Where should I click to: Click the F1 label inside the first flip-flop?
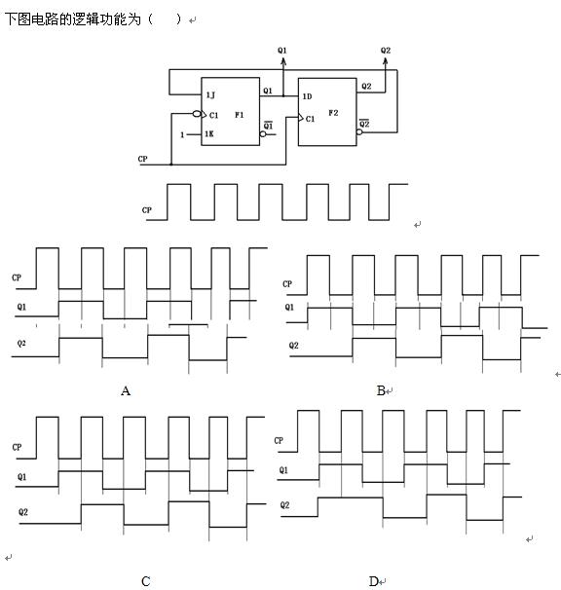tap(239, 115)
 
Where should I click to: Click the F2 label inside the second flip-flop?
tap(333, 113)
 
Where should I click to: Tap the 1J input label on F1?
tap(210, 95)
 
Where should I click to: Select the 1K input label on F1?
tap(209, 134)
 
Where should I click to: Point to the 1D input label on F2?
tap(307, 96)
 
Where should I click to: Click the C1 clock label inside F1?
tap(213, 115)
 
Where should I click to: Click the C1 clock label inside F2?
tap(310, 119)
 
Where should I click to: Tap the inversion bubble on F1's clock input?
tap(196, 114)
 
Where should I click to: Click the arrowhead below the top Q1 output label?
tap(283, 61)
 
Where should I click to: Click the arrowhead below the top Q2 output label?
tap(385, 61)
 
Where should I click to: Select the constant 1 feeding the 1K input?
tap(182, 134)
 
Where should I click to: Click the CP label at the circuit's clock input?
tap(143, 159)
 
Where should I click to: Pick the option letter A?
tap(126, 391)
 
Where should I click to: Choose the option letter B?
tap(381, 391)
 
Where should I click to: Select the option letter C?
tap(146, 581)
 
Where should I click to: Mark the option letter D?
tap(373, 581)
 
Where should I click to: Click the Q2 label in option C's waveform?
tap(23, 512)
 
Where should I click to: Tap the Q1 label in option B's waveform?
tap(289, 307)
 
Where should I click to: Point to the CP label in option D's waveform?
tap(279, 440)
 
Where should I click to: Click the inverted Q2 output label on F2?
tap(364, 123)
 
